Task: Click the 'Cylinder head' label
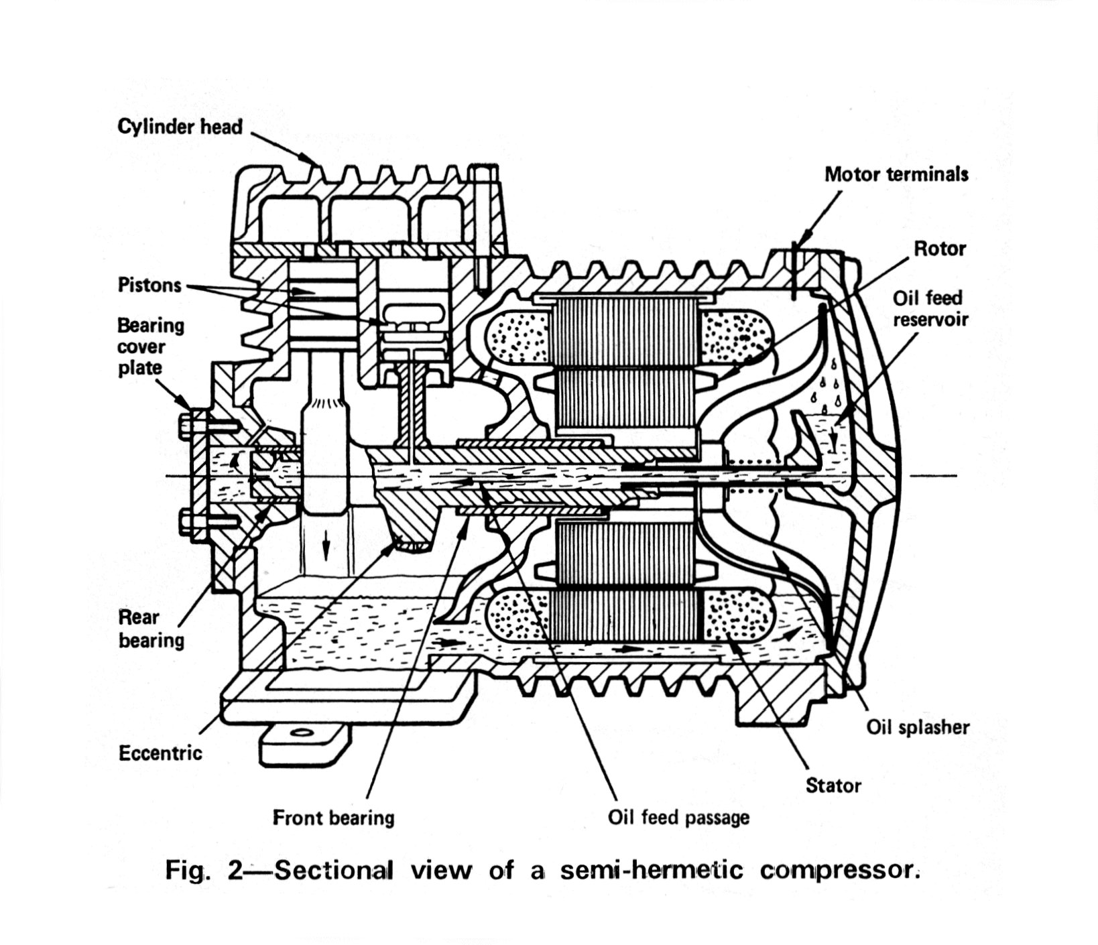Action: [x=180, y=126]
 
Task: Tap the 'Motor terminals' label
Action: [x=896, y=174]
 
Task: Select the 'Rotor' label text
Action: [x=940, y=249]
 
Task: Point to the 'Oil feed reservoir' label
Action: [x=930, y=308]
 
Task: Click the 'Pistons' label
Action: [x=149, y=285]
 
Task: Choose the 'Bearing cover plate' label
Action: [x=150, y=346]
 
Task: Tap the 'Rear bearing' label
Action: [x=151, y=629]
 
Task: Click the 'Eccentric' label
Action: [x=160, y=753]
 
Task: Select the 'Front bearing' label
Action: [x=333, y=818]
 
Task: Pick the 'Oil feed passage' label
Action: [x=678, y=818]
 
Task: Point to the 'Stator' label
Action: [x=833, y=785]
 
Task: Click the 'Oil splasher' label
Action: [x=918, y=727]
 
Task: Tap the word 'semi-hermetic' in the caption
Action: [x=652, y=870]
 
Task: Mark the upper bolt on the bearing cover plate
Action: [x=201, y=426]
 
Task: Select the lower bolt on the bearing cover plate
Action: [x=201, y=520]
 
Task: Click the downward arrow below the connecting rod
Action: [x=326, y=548]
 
